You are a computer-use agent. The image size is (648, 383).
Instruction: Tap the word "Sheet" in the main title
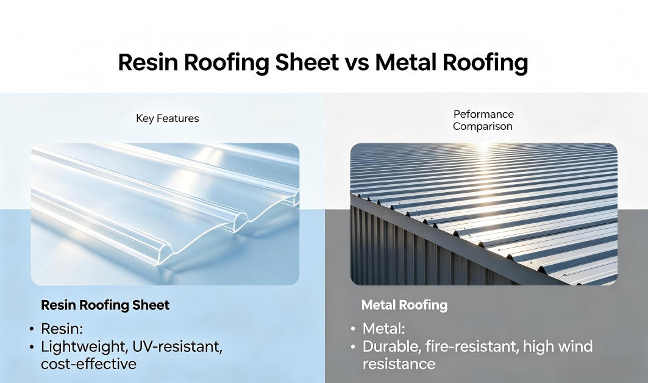point(307,62)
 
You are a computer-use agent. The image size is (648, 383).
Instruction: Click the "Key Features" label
point(168,119)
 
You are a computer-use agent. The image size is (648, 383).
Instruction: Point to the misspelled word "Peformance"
point(483,114)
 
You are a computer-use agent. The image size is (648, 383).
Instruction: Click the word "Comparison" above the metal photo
point(483,127)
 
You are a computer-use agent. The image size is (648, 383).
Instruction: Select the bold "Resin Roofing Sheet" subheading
point(105,306)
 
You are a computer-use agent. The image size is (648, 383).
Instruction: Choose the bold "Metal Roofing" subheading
point(404,306)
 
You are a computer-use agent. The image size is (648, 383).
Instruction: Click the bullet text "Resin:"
point(62,329)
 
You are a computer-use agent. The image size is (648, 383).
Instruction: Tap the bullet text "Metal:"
point(383,329)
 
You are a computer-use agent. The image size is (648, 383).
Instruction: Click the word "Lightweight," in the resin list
point(84,346)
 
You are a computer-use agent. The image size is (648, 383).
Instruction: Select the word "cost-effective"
point(88,364)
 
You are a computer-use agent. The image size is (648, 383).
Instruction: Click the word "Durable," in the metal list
point(391,346)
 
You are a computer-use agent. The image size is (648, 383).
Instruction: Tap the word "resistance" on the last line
point(399,364)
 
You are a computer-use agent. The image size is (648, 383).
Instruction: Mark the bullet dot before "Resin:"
point(32,329)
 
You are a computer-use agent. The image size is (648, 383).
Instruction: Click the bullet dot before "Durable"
point(353,346)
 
